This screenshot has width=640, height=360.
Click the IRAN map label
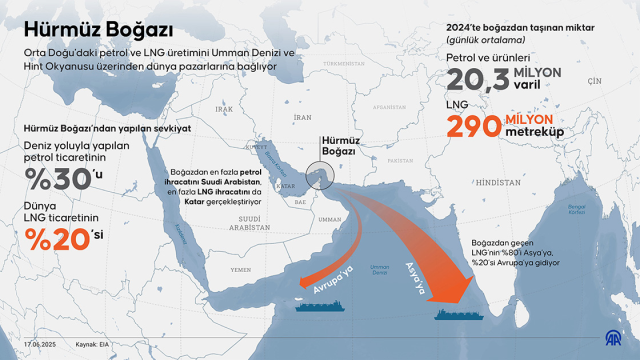[296, 114]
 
